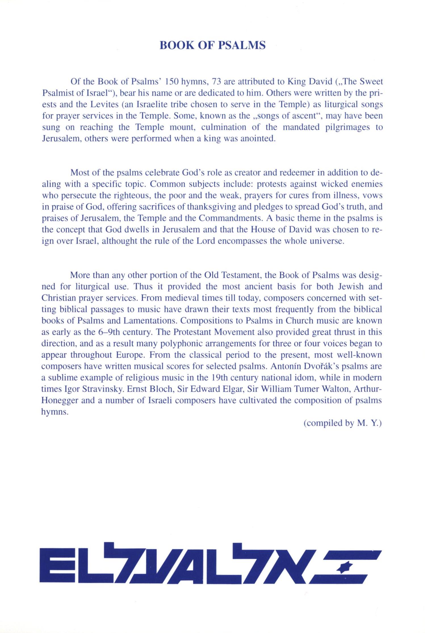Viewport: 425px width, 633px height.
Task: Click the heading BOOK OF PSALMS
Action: pos(212,45)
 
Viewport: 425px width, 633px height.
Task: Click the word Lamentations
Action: pos(150,321)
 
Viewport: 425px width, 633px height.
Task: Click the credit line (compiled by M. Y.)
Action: pos(343,423)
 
